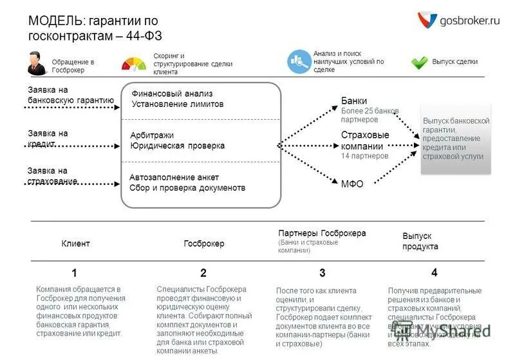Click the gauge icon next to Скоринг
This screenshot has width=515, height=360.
(x=134, y=63)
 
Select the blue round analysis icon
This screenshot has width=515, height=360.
(x=299, y=61)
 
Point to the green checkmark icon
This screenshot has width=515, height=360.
(x=420, y=62)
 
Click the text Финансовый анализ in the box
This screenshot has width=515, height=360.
(x=172, y=93)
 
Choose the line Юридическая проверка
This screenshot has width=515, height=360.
(x=177, y=146)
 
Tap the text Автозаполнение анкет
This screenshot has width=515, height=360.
(x=174, y=177)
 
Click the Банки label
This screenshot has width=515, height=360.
(x=354, y=100)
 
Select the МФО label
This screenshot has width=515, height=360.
(x=352, y=184)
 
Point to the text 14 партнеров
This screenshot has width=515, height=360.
(x=364, y=156)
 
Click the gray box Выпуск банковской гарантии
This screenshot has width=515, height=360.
(x=456, y=138)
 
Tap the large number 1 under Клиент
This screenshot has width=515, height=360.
(x=75, y=272)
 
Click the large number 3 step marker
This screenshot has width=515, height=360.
(x=323, y=272)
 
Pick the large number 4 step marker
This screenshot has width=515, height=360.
(x=435, y=272)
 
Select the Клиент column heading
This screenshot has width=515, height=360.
(x=75, y=243)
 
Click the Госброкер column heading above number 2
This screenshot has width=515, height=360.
(x=203, y=243)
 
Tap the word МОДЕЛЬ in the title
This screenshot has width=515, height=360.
(x=55, y=21)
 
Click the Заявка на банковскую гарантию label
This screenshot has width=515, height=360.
(x=70, y=95)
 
